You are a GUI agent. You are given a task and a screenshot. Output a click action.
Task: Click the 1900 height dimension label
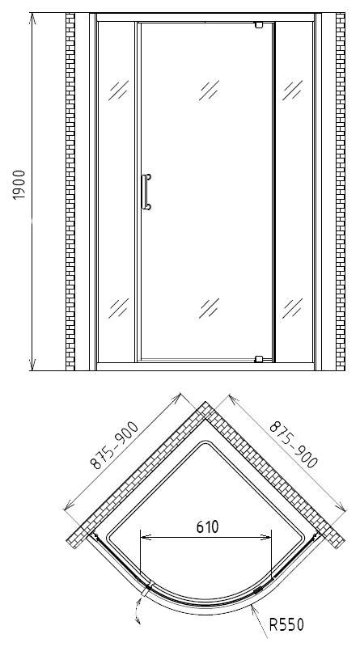(x=19, y=184)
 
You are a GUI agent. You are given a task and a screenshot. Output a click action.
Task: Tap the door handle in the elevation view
(x=146, y=192)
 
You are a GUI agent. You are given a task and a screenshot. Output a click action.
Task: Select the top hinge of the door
(x=260, y=25)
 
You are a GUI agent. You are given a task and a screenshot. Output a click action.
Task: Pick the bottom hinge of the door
(x=259, y=359)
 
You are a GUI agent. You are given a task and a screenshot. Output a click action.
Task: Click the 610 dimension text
(x=207, y=526)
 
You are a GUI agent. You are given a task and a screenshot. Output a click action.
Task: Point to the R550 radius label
(x=286, y=624)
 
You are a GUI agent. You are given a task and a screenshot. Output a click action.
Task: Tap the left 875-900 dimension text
(x=115, y=446)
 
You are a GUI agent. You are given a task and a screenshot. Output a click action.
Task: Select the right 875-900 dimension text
(x=294, y=444)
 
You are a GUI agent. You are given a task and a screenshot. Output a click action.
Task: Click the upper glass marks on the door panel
(x=209, y=91)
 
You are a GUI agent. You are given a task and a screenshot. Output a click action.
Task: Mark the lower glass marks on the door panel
(x=209, y=308)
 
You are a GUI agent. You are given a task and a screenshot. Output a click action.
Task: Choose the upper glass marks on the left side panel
(x=119, y=91)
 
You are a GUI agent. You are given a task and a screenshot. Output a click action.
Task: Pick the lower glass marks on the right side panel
(x=293, y=308)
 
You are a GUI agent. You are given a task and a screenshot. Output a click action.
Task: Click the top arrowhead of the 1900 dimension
(x=33, y=19)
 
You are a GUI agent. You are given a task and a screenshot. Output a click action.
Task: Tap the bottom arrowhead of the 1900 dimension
(x=33, y=364)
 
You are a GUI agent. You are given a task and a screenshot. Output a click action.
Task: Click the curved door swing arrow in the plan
(x=136, y=610)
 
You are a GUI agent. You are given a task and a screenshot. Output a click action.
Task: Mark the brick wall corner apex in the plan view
(x=205, y=402)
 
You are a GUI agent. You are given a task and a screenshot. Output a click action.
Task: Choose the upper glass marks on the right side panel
(x=293, y=91)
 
